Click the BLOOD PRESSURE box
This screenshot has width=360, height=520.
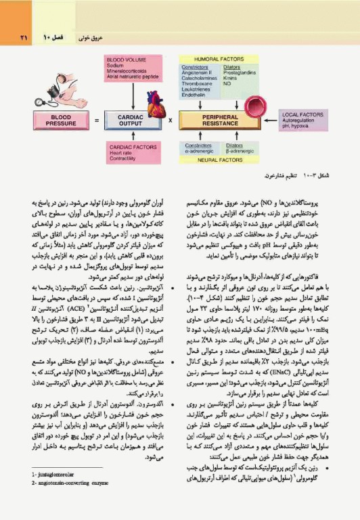65,121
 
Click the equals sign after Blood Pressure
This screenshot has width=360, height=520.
97,121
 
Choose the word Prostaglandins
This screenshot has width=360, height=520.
240,73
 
